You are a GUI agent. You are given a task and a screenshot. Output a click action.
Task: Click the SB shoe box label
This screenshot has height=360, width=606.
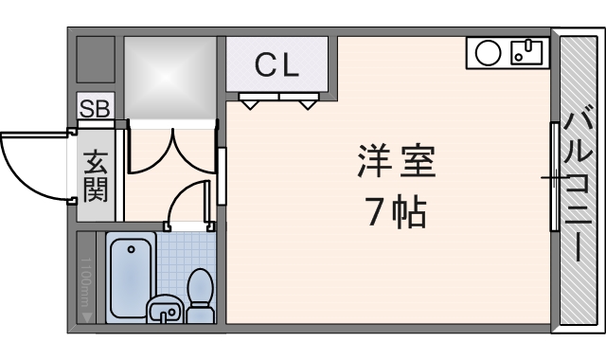point(94,109)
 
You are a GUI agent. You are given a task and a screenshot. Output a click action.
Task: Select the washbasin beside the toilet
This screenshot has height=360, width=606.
point(165,308)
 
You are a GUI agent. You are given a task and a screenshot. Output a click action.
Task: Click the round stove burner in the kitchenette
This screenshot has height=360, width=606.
point(487,53)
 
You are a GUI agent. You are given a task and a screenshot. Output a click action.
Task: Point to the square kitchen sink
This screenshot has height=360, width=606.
point(524,51)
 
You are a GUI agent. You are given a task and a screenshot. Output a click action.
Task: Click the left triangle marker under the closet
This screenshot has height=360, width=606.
point(250,102)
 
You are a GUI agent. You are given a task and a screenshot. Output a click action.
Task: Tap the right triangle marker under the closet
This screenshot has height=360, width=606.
point(308,102)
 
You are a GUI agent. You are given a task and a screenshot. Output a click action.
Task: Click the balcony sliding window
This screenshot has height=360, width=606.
point(554,176)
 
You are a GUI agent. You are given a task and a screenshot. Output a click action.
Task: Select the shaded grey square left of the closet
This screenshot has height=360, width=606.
point(171,79)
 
